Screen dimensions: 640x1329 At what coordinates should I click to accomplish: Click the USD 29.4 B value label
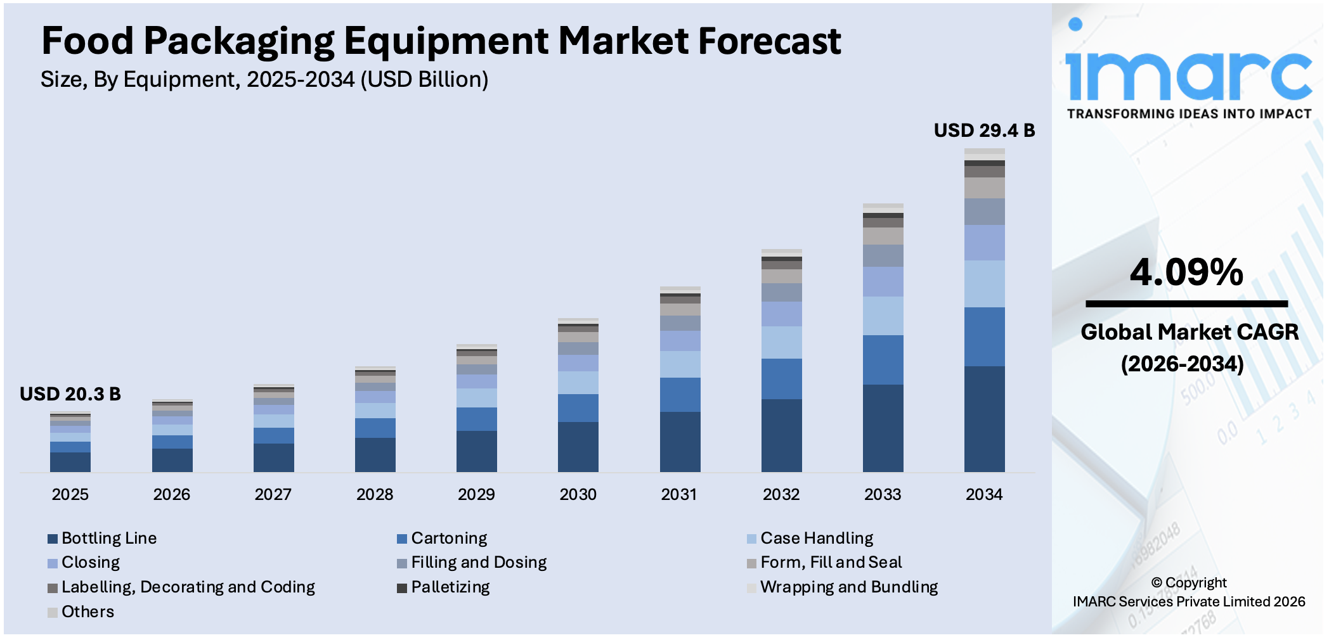(983, 131)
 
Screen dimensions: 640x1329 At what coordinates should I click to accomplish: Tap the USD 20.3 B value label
(70, 394)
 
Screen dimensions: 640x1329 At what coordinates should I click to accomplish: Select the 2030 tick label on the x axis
(578, 494)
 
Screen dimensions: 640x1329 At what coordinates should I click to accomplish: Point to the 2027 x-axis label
(273, 494)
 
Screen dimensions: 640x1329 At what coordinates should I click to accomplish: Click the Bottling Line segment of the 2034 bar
(984, 418)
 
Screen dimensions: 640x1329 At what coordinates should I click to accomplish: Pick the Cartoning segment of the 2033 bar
(883, 359)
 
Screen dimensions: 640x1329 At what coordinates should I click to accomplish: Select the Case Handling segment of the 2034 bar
(984, 283)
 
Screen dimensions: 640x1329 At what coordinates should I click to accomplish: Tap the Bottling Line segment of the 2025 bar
(70, 461)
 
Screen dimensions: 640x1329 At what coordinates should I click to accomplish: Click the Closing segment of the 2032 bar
(781, 314)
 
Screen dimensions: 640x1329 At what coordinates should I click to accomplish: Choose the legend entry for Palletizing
(450, 587)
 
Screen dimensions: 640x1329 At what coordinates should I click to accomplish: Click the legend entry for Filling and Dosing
(478, 563)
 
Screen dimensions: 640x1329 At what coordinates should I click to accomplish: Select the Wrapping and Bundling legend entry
(848, 587)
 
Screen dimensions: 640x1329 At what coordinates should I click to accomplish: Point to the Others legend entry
(87, 612)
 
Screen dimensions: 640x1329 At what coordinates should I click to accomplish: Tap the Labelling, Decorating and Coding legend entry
(187, 587)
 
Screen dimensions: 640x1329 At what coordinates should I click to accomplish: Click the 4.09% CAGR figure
(1186, 272)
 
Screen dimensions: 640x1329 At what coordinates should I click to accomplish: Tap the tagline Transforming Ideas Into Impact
(1188, 114)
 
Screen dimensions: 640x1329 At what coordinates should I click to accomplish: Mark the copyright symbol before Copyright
(1157, 583)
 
